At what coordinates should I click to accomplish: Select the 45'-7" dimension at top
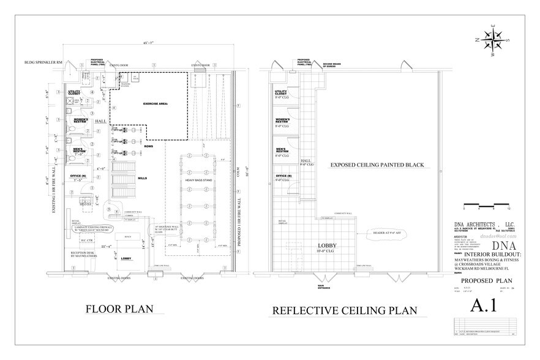[x=145, y=43]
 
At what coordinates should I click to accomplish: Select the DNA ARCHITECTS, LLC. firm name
[x=482, y=225]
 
